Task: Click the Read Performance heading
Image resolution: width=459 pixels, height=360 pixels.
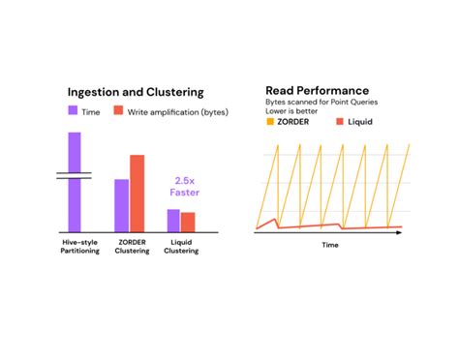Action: coord(317,91)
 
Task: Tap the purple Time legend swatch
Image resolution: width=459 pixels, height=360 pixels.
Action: coord(72,110)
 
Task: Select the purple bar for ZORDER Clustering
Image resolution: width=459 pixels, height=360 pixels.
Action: coord(121,204)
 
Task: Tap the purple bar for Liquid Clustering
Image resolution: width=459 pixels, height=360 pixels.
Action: coord(173,219)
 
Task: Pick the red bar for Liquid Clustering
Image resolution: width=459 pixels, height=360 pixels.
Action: coord(188,221)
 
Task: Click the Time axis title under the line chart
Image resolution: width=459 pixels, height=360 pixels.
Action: coord(330,246)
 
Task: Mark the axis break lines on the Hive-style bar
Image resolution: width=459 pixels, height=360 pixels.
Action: coord(75,176)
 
